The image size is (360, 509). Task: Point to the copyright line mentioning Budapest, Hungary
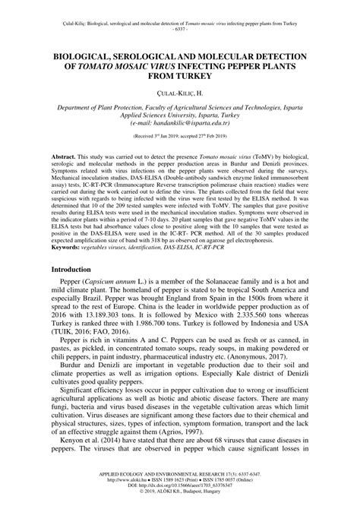(180, 495)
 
